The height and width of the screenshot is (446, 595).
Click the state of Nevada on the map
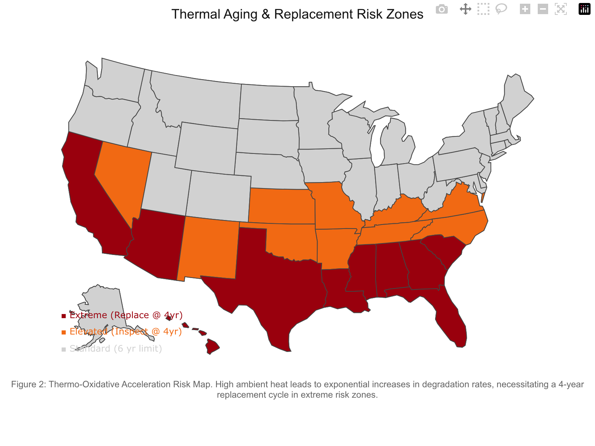[x=121, y=178]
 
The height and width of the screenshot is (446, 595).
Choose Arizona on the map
[x=156, y=245]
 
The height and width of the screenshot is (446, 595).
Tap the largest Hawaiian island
[x=212, y=346]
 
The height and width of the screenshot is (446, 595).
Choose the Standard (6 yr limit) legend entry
[x=115, y=349]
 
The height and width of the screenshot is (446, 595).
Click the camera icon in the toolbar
[x=442, y=9]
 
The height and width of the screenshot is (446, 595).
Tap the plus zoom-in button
[x=525, y=9]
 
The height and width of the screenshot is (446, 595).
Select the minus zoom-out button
[x=543, y=9]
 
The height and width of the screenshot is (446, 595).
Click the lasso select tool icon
[x=501, y=9]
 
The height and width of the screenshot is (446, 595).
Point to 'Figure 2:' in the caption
[x=28, y=384]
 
